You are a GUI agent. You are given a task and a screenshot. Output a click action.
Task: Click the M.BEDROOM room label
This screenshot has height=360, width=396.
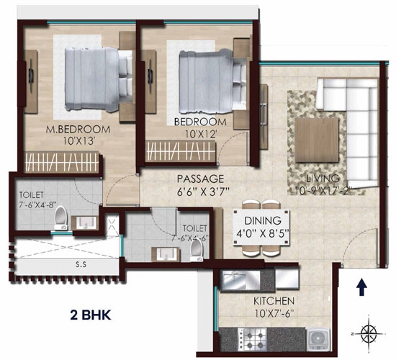click(78, 130)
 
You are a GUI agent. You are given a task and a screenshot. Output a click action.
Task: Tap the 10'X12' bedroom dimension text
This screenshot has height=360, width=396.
click(201, 135)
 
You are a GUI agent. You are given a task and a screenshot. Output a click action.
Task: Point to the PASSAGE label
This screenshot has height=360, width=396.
click(201, 179)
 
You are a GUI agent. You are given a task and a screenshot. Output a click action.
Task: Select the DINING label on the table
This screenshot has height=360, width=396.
click(263, 220)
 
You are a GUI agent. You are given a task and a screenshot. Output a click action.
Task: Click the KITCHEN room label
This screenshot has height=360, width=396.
click(274, 301)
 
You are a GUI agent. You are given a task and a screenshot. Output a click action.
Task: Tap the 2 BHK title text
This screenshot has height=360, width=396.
click(91, 315)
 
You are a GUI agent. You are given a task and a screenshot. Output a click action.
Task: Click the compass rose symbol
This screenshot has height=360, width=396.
click(369, 333)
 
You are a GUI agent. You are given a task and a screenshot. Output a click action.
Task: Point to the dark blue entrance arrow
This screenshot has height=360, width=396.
click(362, 287)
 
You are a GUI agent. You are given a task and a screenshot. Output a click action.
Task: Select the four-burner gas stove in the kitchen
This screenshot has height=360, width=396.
click(253, 339)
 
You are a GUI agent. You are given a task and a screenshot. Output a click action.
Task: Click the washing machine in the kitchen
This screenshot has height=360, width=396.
click(318, 339)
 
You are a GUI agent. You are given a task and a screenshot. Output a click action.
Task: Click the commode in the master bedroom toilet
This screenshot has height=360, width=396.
click(61, 217)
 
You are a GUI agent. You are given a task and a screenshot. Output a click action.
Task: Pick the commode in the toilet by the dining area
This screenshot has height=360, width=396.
click(197, 250)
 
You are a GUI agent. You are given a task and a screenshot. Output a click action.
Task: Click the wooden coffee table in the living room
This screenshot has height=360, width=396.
click(317, 140)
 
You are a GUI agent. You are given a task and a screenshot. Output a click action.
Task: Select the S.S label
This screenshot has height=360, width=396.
click(81, 264)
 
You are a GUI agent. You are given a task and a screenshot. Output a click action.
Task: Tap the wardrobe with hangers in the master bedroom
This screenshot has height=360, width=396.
click(62, 163)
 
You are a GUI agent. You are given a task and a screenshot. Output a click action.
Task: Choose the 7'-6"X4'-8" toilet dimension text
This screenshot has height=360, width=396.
click(37, 204)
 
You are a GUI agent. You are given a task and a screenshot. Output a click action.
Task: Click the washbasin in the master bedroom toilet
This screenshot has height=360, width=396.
click(86, 222)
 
